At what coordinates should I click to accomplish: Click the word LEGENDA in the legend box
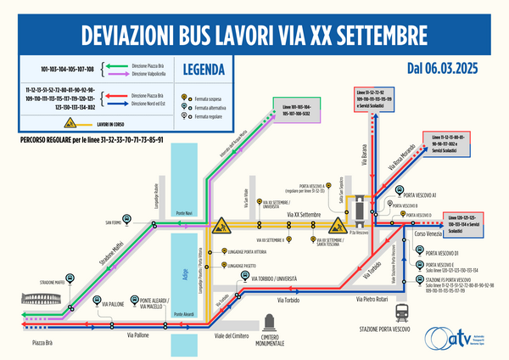204,70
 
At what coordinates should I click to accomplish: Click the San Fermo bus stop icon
127,221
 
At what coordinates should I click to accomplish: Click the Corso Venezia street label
431,233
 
